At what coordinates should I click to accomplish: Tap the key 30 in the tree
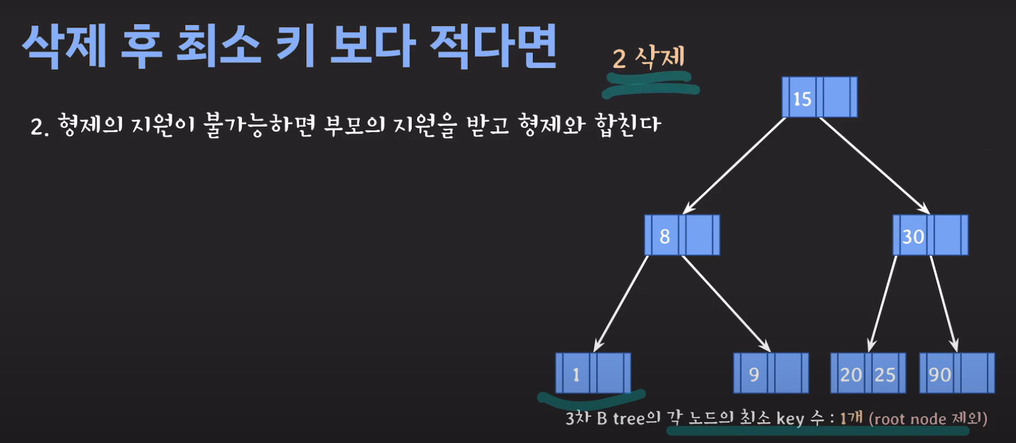(912, 236)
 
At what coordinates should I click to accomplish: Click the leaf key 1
(576, 374)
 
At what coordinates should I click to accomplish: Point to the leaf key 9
(754, 374)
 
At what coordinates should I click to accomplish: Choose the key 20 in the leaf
(850, 374)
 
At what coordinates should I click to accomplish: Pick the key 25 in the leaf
(885, 374)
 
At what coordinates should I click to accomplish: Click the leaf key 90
(939, 374)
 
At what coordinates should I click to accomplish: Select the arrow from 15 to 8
(734, 165)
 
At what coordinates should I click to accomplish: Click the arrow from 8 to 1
(621, 303)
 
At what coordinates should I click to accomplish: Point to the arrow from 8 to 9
(726, 303)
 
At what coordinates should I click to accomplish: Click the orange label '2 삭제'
(649, 57)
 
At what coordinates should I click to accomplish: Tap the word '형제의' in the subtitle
(90, 126)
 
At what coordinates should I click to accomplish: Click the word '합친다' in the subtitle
(628, 125)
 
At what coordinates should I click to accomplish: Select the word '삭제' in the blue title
(64, 46)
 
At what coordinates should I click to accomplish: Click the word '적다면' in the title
(493, 46)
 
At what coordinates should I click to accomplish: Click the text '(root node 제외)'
(928, 419)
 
